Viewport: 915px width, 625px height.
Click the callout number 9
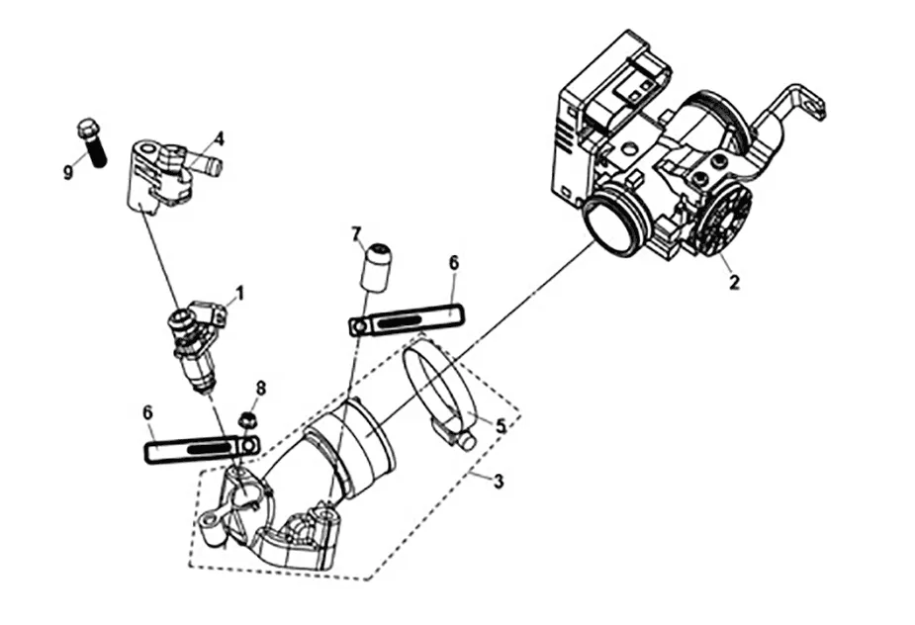[x=69, y=172]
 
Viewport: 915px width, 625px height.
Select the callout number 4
[x=219, y=138]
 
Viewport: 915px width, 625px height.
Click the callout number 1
[x=238, y=293]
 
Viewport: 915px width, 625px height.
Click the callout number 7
[x=356, y=234]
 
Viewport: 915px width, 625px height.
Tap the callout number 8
[x=261, y=388]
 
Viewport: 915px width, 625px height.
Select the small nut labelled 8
[x=247, y=419]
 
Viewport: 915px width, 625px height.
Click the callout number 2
[x=734, y=283]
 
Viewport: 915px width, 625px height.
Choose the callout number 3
[x=498, y=482]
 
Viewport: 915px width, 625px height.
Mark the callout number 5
[x=501, y=425]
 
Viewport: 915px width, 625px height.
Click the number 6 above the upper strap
[x=454, y=263]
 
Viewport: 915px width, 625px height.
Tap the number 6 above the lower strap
[x=147, y=412]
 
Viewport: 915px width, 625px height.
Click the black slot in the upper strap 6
[x=400, y=321]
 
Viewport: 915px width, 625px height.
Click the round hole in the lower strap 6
[x=251, y=445]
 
